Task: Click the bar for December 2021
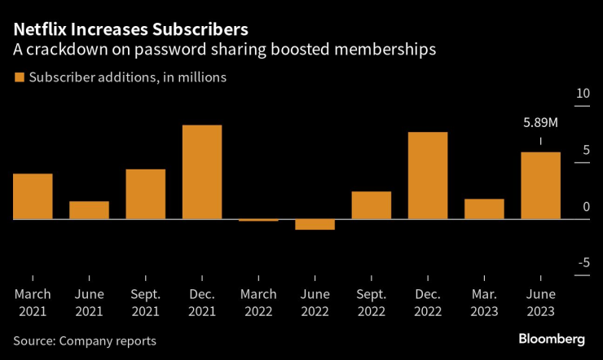pos(202,172)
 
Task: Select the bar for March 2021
pos(33,196)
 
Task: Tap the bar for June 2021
pos(89,210)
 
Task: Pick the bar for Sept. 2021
pos(146,194)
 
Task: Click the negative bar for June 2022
pos(315,224)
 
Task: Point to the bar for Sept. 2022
pos(372,205)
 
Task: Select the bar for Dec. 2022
pos(428,175)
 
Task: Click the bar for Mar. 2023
pos(484,209)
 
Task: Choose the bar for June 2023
pos(540,186)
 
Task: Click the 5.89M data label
pos(540,124)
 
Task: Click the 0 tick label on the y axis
pos(585,207)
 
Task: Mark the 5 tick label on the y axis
pos(585,150)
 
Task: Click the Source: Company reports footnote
pos(85,340)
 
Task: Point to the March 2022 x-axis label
pos(258,302)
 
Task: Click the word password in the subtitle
pos(186,50)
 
